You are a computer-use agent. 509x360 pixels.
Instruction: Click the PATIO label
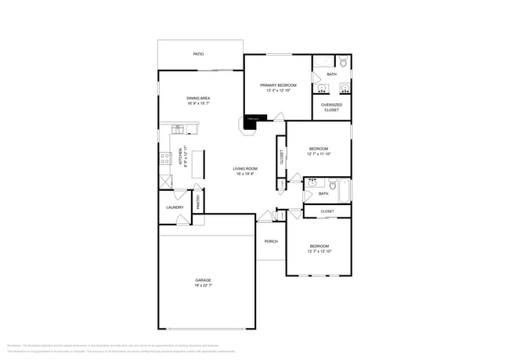pyautogui.click(x=199, y=54)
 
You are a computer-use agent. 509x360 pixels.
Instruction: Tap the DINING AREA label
pyautogui.click(x=198, y=98)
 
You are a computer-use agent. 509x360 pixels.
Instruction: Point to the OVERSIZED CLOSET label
pyautogui.click(x=331, y=107)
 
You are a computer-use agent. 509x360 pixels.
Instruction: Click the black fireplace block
pyautogui.click(x=252, y=119)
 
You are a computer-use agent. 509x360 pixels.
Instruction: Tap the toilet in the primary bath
pyautogui.click(x=343, y=61)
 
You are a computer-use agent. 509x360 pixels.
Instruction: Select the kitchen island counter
pyautogui.click(x=197, y=162)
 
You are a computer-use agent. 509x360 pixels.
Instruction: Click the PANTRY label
pyautogui.click(x=198, y=203)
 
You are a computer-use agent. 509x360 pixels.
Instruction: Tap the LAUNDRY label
pyautogui.click(x=175, y=207)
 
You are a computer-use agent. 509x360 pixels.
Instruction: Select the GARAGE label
pyautogui.click(x=203, y=279)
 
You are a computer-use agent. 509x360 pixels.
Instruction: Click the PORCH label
pyautogui.click(x=271, y=241)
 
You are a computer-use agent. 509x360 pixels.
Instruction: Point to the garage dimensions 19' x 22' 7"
pyautogui.click(x=203, y=286)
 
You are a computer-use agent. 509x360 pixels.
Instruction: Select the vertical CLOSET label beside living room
pyautogui.click(x=280, y=157)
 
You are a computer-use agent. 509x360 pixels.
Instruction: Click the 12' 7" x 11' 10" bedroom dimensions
pyautogui.click(x=318, y=153)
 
